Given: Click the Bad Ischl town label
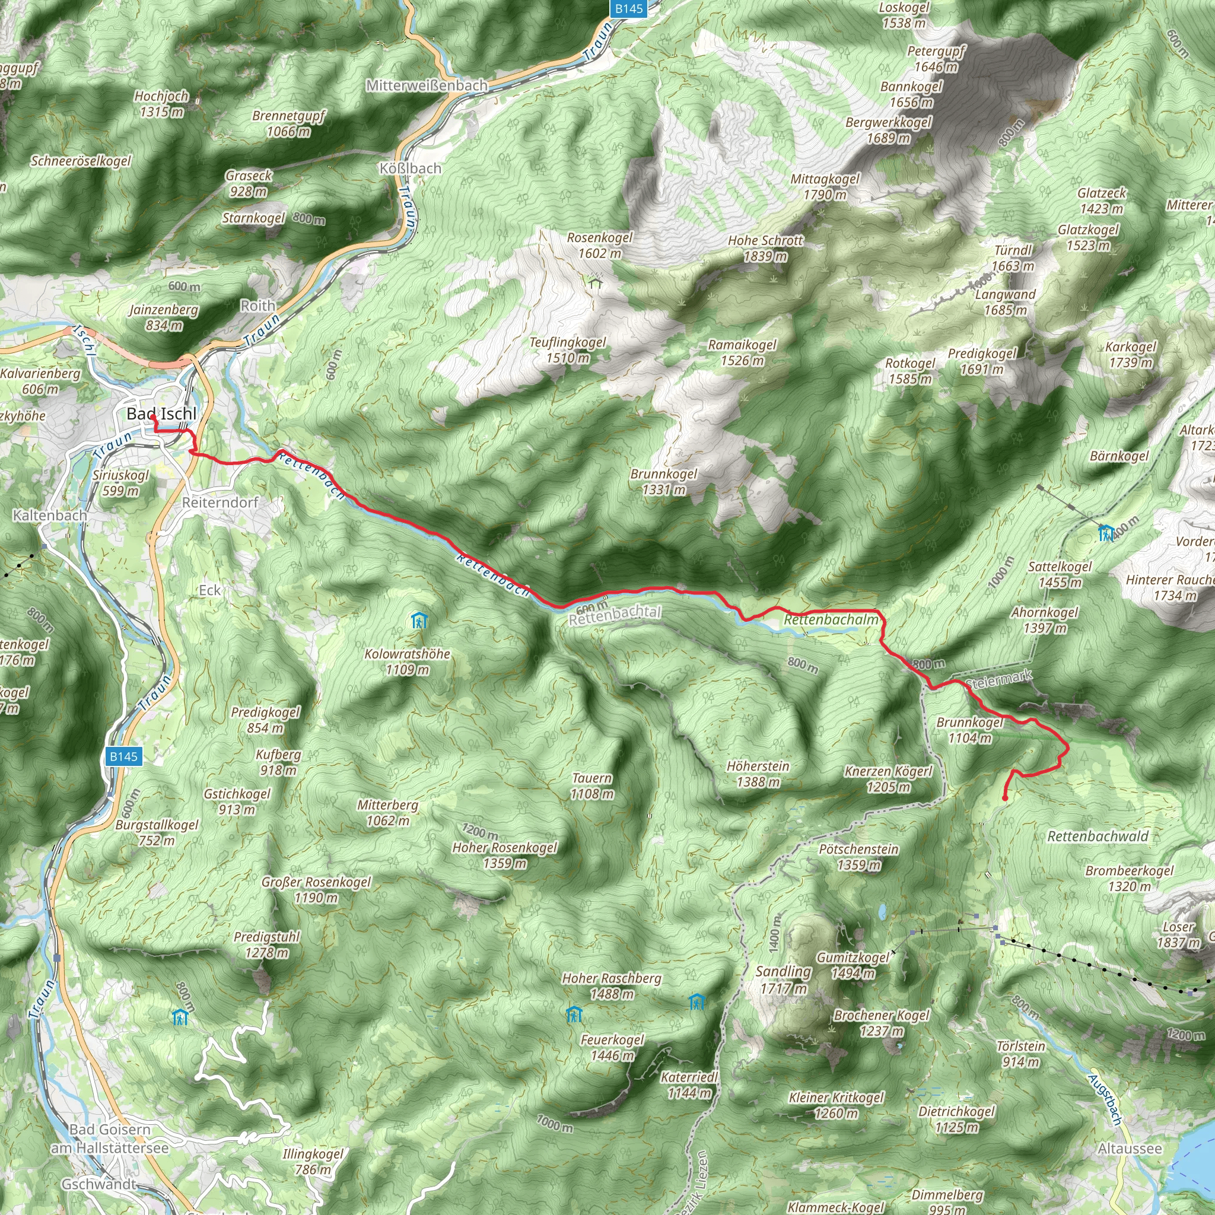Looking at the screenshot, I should coord(161,414).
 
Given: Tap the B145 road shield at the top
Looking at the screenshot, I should coord(628,9).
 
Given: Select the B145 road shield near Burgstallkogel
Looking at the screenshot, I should coord(123,756).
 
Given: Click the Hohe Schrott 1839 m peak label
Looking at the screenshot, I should coord(765,249).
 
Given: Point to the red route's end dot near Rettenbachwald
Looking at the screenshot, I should coord(1004,799).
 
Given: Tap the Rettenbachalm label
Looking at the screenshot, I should coord(831,620).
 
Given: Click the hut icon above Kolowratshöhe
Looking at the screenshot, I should coord(419,621).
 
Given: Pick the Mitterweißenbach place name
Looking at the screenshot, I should coord(427,85).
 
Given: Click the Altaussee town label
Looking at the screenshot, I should coord(1130,1149).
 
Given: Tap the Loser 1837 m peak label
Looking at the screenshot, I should coord(1178,934).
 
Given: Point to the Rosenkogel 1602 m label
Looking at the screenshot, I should coord(599,245).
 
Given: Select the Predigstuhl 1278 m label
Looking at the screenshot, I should coord(266,944).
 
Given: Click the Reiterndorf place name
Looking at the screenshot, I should coord(220,502).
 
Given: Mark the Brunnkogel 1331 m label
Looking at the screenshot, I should coord(663,482).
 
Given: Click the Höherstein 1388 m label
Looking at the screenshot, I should coord(758,774).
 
